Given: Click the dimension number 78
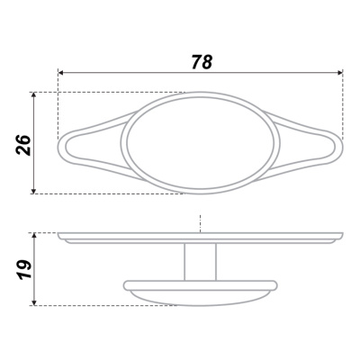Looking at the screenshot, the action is pos(202,62).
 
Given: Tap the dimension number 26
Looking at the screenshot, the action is pos(23,145).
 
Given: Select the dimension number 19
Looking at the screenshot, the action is pos(23,270).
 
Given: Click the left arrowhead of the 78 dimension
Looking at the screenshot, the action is pos(60,73).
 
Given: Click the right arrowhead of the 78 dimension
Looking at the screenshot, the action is pos(340,72).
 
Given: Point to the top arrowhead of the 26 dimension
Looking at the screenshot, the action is pos(33,94).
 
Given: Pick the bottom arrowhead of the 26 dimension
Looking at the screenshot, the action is pos(33,191).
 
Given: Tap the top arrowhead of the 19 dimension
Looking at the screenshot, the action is pos(34,236).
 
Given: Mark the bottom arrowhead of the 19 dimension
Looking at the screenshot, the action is pos(34,302).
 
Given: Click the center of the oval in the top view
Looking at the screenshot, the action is pos(201,143).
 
